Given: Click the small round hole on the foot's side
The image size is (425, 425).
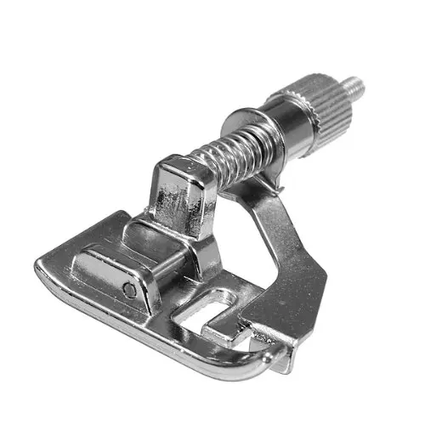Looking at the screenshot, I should click(x=129, y=291).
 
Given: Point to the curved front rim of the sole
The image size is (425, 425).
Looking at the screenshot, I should click(x=127, y=340).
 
